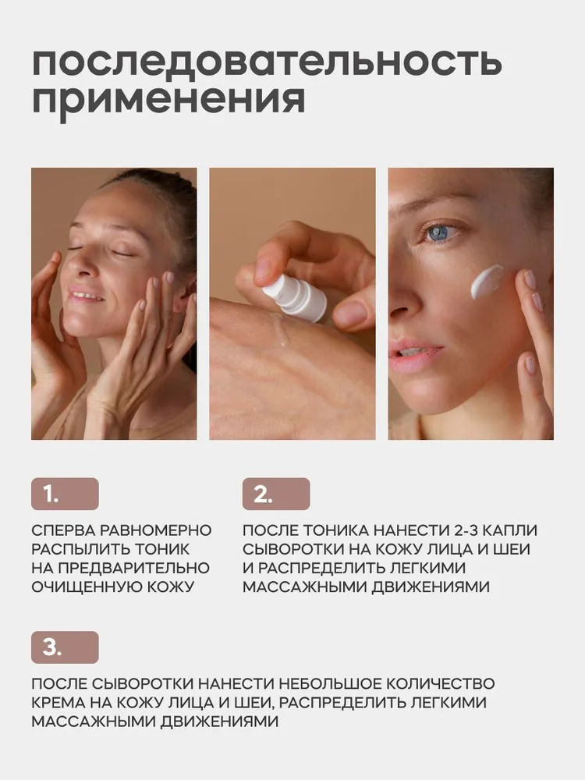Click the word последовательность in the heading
(266, 62)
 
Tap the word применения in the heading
(168, 102)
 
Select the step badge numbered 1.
(65, 494)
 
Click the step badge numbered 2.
(275, 494)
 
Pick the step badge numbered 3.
(65, 647)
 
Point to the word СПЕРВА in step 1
(64, 530)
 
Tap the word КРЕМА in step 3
(58, 703)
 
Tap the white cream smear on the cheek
(487, 282)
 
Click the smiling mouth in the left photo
(87, 297)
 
